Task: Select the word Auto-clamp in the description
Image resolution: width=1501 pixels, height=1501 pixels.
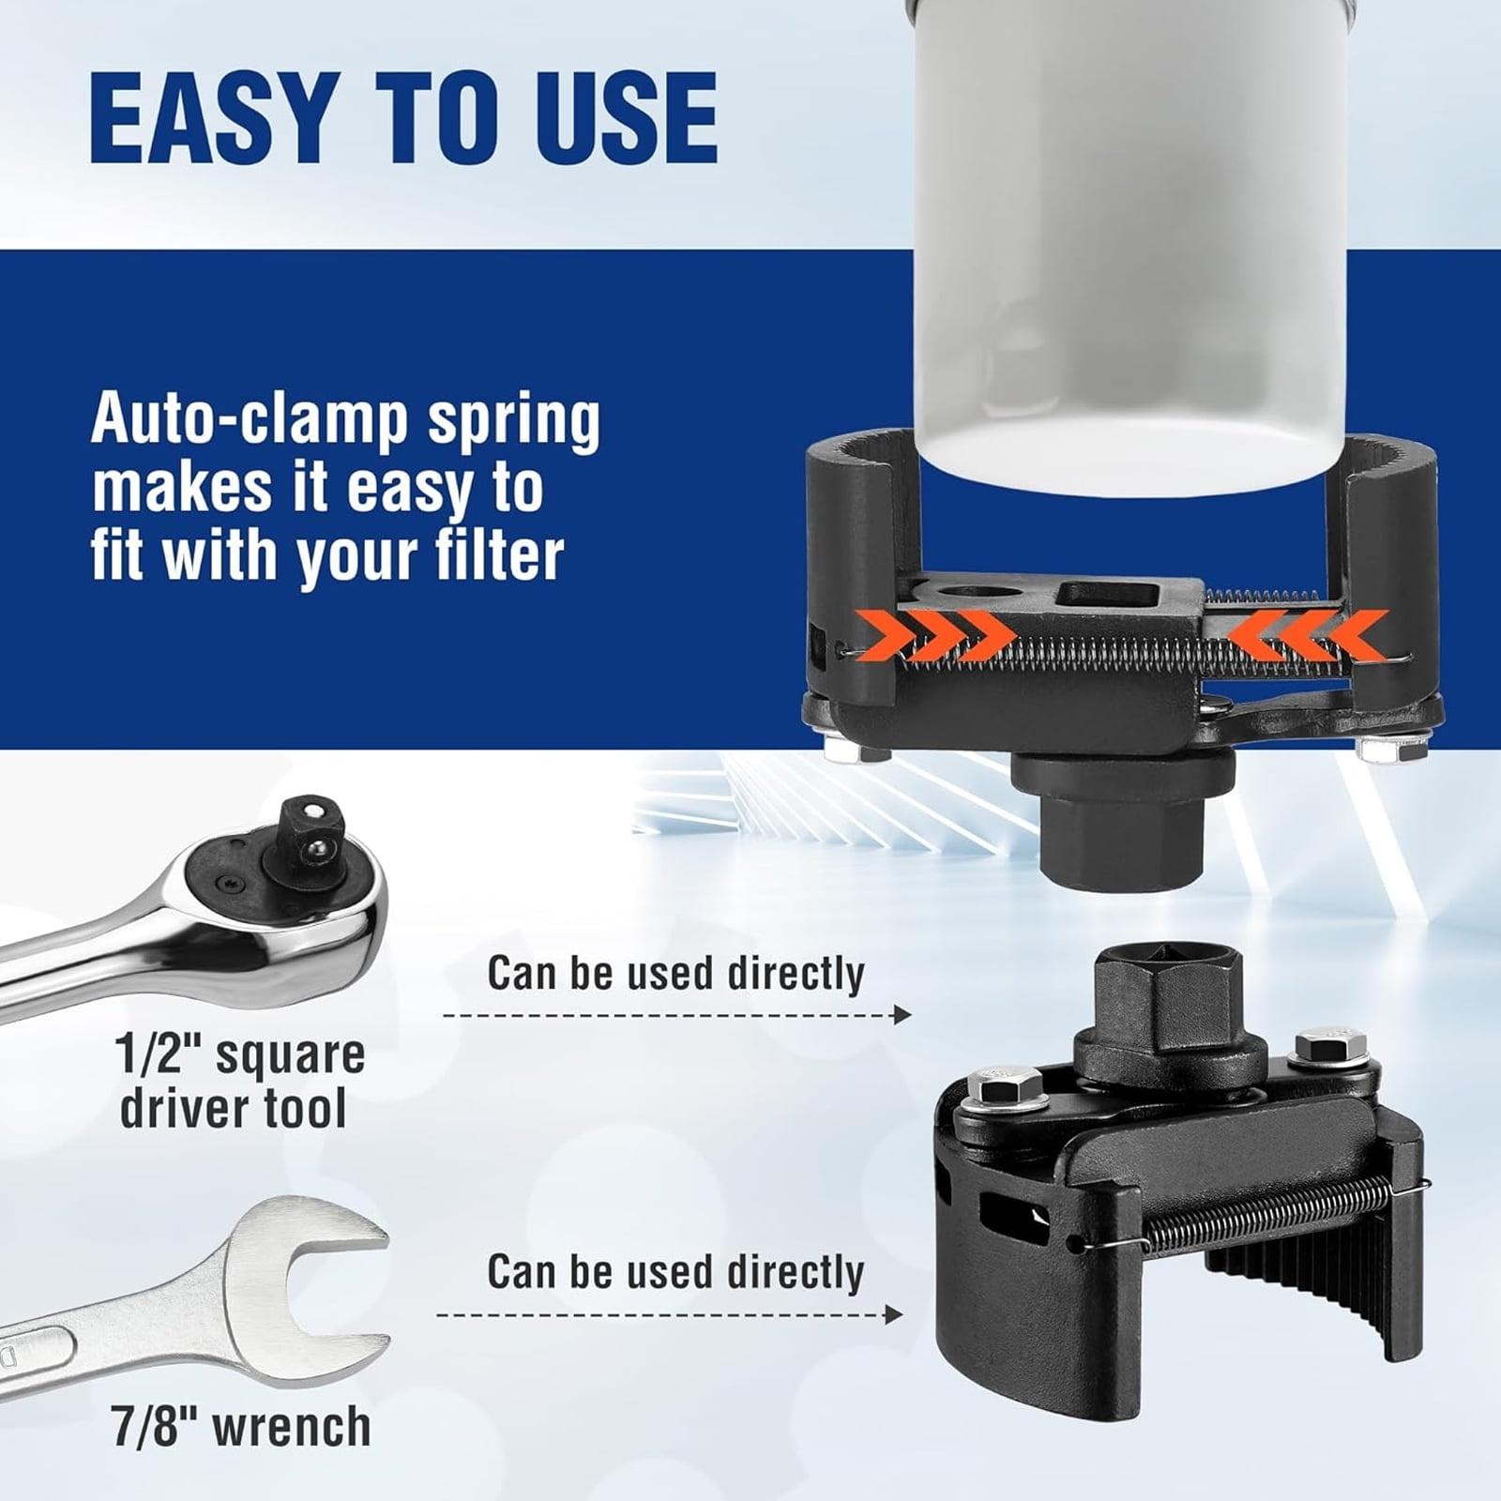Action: (x=249, y=421)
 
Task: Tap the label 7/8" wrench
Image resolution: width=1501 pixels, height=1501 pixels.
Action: (x=242, y=1427)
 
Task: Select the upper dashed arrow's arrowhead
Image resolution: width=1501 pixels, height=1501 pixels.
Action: (x=902, y=1014)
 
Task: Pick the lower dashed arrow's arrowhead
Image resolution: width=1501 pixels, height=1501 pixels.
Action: (x=893, y=1314)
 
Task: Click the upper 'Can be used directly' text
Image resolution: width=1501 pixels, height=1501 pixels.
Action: (x=675, y=974)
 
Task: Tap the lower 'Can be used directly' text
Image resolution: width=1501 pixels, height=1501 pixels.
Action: (x=675, y=1273)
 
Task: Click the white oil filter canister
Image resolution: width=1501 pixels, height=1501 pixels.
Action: (x=1132, y=235)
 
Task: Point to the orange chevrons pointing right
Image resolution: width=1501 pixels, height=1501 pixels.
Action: (x=950, y=633)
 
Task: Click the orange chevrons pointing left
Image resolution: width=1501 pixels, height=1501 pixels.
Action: (x=1306, y=633)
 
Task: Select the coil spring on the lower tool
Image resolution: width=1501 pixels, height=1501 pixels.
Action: (x=1262, y=1220)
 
